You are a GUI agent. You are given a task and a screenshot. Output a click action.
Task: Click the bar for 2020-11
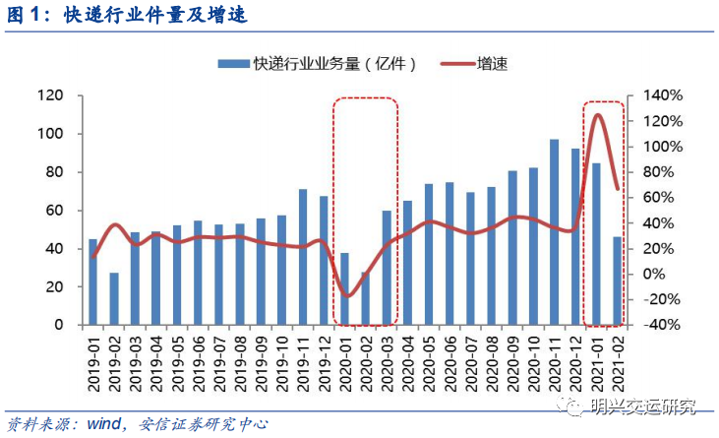click(555, 232)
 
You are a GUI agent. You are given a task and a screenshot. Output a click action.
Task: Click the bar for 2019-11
click(303, 257)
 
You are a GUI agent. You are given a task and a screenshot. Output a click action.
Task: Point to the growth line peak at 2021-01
click(597, 115)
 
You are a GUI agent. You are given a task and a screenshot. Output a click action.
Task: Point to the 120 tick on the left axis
click(49, 95)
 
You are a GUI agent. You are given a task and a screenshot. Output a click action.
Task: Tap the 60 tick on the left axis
click(53, 211)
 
